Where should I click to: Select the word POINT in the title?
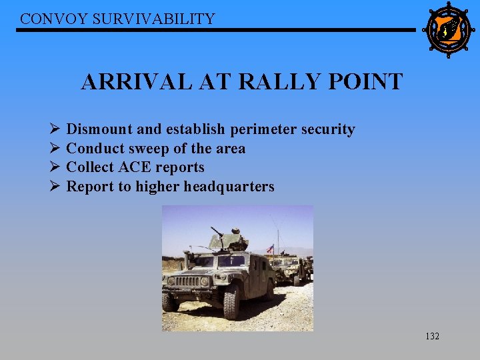pyautogui.click(x=371, y=82)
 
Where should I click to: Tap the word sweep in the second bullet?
pyautogui.click(x=149, y=149)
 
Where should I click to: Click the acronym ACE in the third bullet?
pyautogui.click(x=136, y=167)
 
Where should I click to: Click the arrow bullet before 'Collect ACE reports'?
pyautogui.click(x=55, y=167)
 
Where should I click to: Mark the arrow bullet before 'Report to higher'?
pyautogui.click(x=55, y=187)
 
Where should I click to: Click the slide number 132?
pyautogui.click(x=432, y=337)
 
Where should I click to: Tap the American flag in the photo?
pyautogui.click(x=270, y=249)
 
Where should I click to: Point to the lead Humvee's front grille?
pyautogui.click(x=187, y=281)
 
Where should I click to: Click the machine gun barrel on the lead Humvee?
pyautogui.click(x=217, y=233)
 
